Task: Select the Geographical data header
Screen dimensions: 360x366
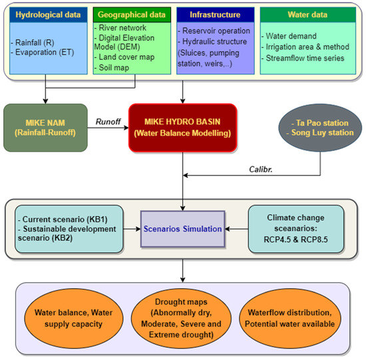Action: tap(133, 13)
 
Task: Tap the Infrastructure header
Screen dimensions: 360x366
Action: tap(214, 13)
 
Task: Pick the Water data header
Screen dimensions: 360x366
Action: tap(306, 13)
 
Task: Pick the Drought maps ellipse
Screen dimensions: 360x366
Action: tap(183, 318)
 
